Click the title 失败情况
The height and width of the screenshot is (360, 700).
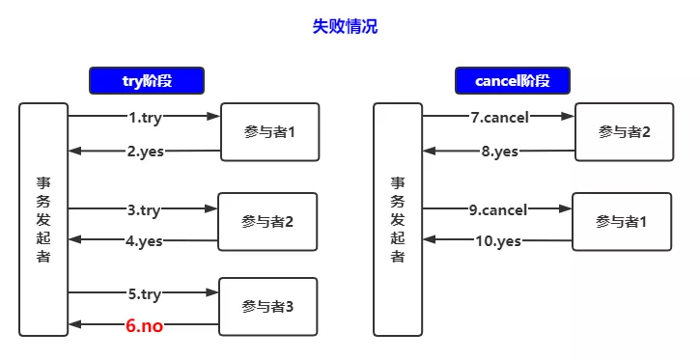pos(345,26)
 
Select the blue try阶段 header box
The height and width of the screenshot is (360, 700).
pos(147,81)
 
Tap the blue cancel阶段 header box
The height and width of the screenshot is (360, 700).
pos(513,81)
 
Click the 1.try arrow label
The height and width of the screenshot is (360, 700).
pos(145,118)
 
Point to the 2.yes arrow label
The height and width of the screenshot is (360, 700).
pos(145,152)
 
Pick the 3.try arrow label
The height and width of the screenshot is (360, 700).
pos(143,210)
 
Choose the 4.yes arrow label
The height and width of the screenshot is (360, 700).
pos(143,241)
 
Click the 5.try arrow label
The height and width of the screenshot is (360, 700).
pos(144,294)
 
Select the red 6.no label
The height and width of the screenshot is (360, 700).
pos(144,325)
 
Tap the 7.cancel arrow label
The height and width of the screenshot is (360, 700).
pos(499,118)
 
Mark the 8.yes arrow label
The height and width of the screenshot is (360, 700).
pos(499,152)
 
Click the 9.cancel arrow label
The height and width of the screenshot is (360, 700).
pos(498,210)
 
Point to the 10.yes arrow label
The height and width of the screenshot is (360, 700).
pos(498,241)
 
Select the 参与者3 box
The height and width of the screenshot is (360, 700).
pos(267,307)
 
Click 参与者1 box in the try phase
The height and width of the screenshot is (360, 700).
pos(270,132)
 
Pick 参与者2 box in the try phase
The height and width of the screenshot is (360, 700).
pos(267,222)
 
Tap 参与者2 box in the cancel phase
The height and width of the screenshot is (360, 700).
pos(624,132)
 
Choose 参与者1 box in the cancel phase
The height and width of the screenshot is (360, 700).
pos(622,222)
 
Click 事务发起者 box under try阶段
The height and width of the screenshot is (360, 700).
pos(43,219)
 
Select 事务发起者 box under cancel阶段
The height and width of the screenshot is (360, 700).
pos(398,219)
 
